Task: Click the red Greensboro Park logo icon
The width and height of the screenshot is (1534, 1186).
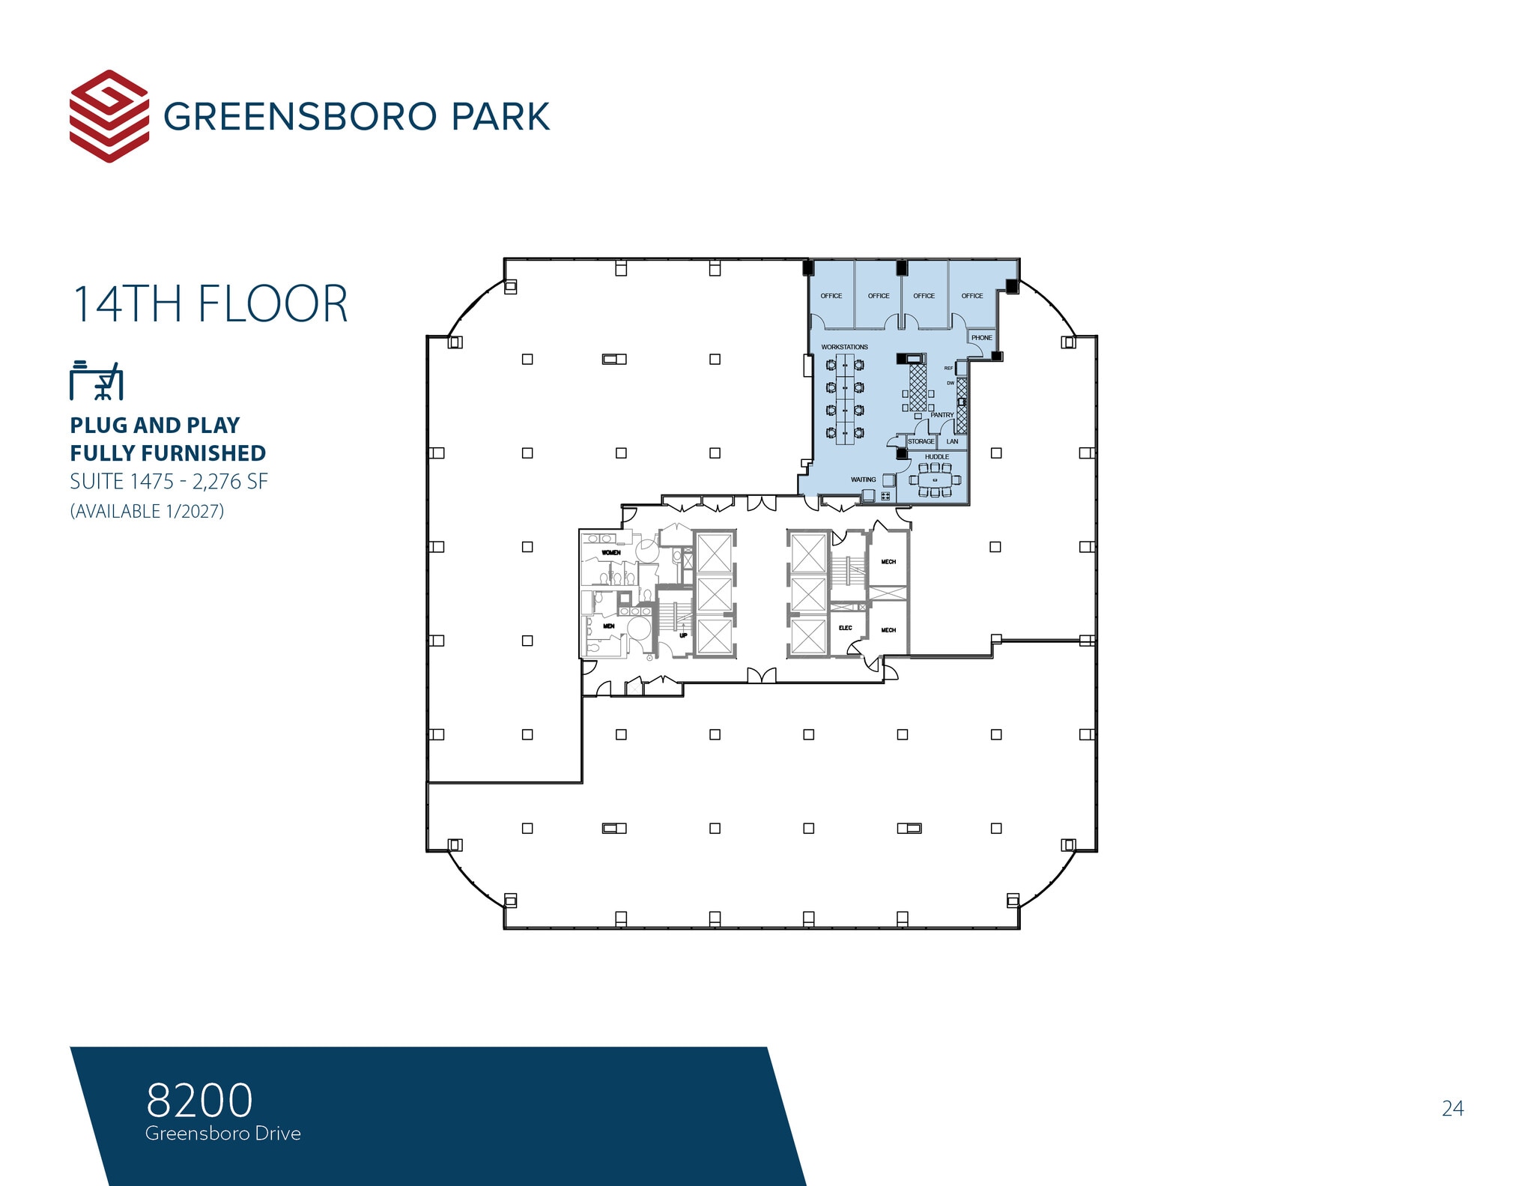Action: [x=109, y=116]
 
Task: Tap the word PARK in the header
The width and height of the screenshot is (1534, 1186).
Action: [x=500, y=117]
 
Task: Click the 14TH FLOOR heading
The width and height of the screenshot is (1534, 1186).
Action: [x=210, y=304]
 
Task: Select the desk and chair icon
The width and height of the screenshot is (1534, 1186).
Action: [x=96, y=381]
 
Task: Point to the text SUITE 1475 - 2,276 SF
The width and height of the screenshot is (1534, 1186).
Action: [x=169, y=481]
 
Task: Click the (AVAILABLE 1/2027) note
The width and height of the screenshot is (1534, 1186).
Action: [x=147, y=511]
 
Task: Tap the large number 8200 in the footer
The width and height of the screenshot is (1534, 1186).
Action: [x=199, y=1100]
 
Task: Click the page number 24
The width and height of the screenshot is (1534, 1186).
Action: [x=1452, y=1108]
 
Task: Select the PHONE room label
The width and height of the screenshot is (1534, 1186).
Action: [x=981, y=338]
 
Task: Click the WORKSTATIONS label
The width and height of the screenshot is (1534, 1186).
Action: [x=844, y=347]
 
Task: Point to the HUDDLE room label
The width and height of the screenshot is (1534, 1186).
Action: [x=936, y=456]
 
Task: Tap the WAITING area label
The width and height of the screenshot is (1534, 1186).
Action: [x=863, y=479]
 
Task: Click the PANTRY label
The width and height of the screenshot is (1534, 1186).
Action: [x=942, y=414]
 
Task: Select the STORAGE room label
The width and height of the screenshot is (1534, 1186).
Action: [x=921, y=441]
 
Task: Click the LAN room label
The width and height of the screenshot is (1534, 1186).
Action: [x=952, y=441]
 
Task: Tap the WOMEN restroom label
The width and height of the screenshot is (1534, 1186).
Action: [x=611, y=552]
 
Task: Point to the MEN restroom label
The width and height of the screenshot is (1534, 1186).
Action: [x=609, y=626]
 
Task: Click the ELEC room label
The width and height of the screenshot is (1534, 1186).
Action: [x=845, y=628]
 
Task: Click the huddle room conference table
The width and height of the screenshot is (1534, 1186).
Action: [x=935, y=479]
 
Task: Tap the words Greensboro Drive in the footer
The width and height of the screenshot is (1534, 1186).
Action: [x=223, y=1134]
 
